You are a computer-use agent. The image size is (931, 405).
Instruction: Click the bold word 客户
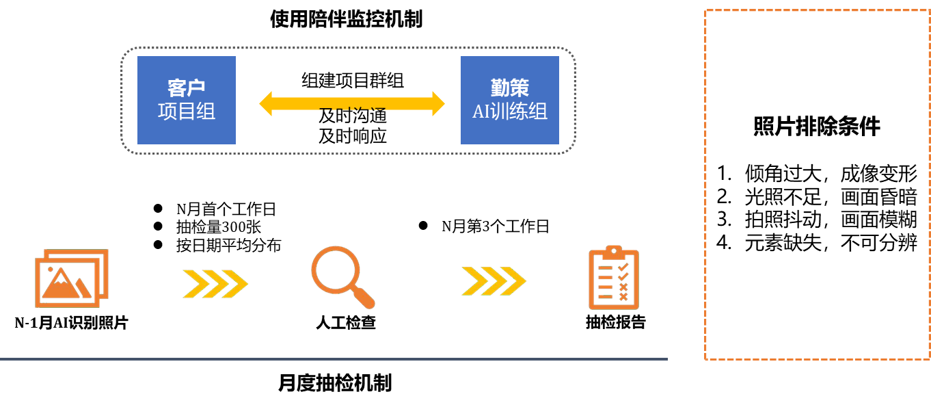pos(187,88)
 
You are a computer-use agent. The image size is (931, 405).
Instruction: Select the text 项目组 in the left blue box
pos(187,112)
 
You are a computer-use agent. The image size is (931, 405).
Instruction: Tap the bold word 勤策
pos(510,88)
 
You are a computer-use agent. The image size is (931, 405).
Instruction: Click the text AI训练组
pos(510,112)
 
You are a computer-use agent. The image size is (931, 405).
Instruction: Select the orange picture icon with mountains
pos(71,278)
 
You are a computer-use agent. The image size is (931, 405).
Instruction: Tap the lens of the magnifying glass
pos(335,270)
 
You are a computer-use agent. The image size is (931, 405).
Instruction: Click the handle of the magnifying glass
pos(364,298)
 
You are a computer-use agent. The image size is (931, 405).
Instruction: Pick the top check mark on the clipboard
pos(623,267)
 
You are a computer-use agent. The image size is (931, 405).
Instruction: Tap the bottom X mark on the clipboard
pos(623,297)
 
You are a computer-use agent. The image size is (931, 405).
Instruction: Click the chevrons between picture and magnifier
pos(215,283)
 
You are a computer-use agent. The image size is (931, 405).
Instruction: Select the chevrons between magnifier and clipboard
pos(494,281)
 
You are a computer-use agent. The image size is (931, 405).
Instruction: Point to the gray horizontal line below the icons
pos(334,358)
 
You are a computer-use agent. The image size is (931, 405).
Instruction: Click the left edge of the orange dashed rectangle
pos(705,185)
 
